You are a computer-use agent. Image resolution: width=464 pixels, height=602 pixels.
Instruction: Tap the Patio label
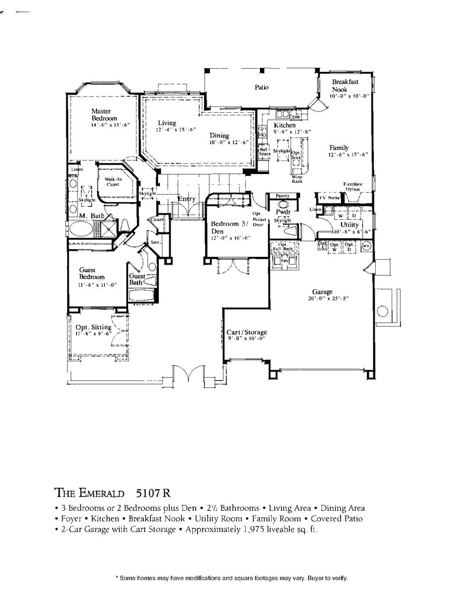click(262, 88)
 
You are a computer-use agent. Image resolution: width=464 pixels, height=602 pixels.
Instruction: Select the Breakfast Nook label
click(344, 86)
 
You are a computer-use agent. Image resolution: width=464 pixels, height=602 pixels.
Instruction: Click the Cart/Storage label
click(247, 332)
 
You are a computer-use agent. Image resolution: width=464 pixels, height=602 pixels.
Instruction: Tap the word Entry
click(186, 199)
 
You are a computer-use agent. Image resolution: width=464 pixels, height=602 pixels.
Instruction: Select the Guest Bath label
click(137, 279)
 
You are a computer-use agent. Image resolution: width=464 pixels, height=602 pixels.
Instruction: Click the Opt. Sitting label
click(93, 327)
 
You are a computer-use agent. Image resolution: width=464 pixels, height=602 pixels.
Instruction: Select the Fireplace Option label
click(353, 187)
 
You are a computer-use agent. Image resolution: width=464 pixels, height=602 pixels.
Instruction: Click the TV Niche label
click(330, 198)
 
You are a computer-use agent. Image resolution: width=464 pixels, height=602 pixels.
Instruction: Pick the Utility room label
click(350, 225)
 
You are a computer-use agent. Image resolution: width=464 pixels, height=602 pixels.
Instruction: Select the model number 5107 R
click(153, 491)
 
